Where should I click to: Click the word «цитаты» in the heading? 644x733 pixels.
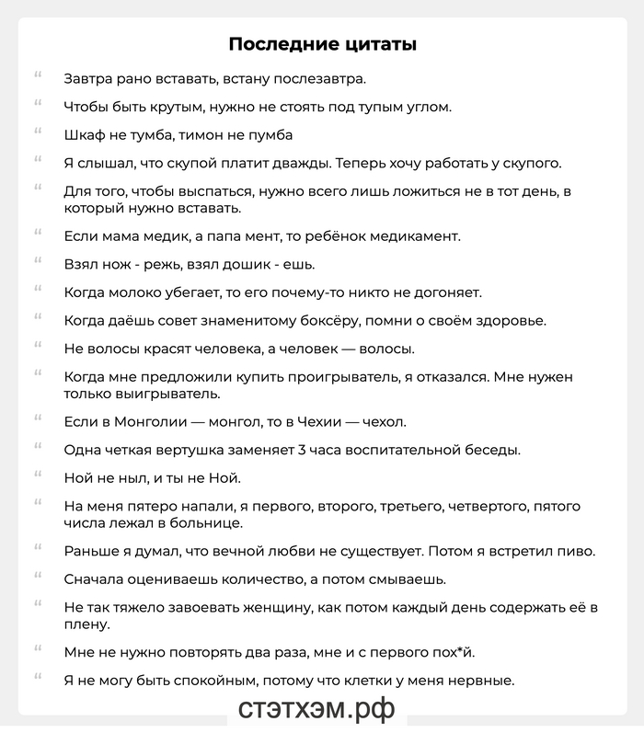coord(380,44)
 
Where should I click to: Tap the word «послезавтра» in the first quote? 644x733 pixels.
coord(317,79)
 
